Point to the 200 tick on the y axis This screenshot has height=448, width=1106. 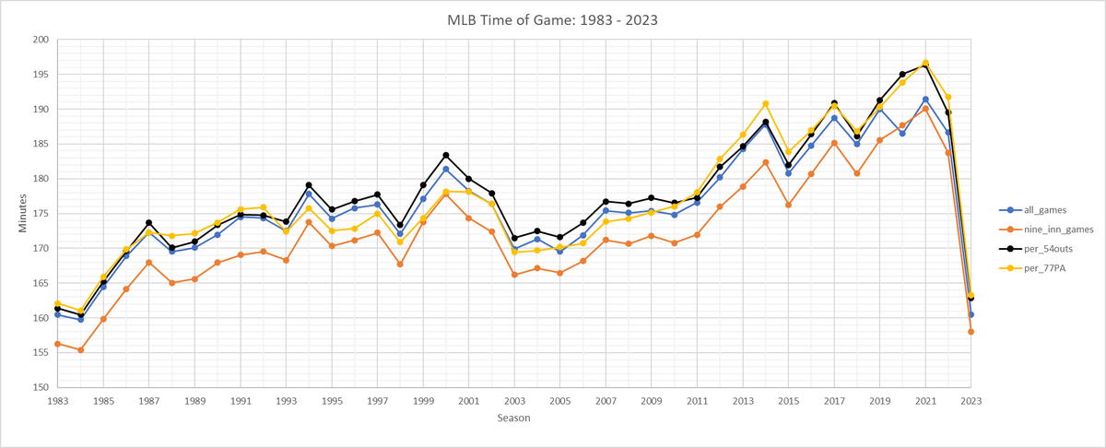(40, 40)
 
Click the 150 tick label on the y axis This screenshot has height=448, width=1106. (40, 387)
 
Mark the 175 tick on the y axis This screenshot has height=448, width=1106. (40, 214)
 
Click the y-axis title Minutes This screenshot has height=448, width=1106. (23, 213)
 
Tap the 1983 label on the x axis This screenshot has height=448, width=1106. (57, 402)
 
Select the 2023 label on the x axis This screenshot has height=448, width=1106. (971, 402)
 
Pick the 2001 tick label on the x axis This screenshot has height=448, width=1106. (468, 402)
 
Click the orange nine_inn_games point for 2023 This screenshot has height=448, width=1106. (971, 332)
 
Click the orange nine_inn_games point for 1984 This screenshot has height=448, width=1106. (80, 350)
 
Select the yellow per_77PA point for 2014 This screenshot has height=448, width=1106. (766, 103)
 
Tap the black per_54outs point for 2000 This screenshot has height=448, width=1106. (446, 155)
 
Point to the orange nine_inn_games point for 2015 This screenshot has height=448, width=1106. (788, 205)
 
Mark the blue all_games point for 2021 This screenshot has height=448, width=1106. (925, 100)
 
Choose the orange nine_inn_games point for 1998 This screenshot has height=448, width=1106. (400, 265)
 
